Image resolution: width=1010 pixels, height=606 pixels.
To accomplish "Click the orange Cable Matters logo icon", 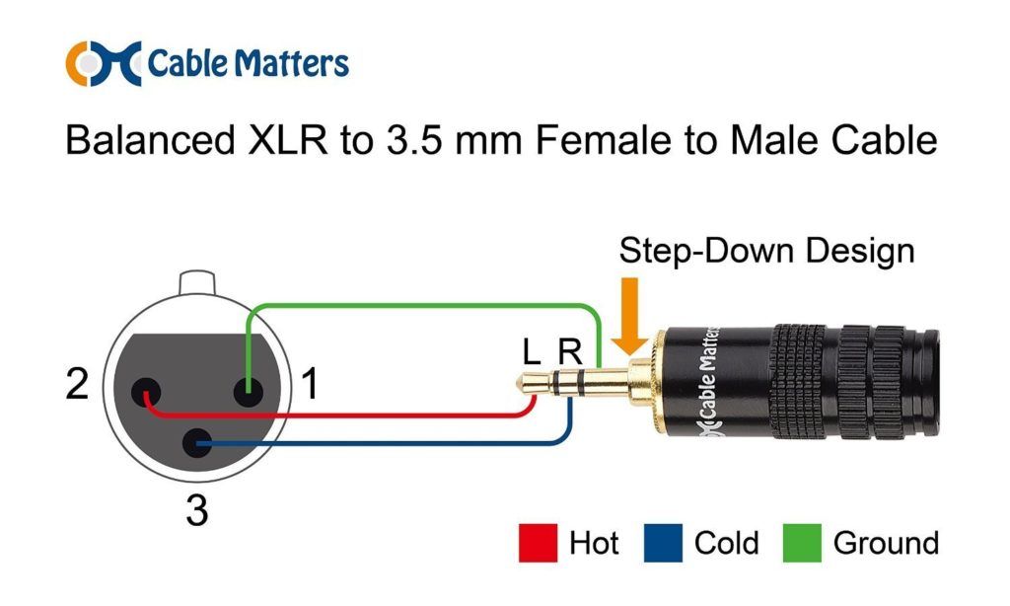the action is (103, 64).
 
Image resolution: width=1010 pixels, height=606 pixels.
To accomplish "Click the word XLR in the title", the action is (287, 140).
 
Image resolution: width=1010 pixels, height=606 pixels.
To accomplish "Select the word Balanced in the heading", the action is (150, 140).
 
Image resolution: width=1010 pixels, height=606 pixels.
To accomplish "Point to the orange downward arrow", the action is (629, 316).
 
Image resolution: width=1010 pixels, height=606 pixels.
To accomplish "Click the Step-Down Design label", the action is (766, 251).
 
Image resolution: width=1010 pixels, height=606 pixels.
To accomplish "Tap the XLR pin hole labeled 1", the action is (248, 392).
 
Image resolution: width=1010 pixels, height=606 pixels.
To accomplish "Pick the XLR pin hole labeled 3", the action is (197, 443).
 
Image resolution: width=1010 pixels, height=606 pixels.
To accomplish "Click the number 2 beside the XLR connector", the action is (77, 384).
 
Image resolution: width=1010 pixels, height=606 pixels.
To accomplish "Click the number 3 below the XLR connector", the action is (197, 510).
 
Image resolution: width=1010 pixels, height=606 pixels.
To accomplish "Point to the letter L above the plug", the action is (532, 352).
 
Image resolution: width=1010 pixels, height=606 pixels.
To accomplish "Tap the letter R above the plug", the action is (569, 352).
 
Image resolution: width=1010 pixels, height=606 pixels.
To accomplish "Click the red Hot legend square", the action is (538, 543).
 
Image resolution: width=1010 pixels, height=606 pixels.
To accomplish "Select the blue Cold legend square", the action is (663, 543).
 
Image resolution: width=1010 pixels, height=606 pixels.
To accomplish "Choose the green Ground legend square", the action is (802, 543).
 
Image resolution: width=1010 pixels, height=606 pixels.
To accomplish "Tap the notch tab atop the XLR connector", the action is (196, 282).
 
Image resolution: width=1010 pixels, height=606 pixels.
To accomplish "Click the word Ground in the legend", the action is (886, 543).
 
